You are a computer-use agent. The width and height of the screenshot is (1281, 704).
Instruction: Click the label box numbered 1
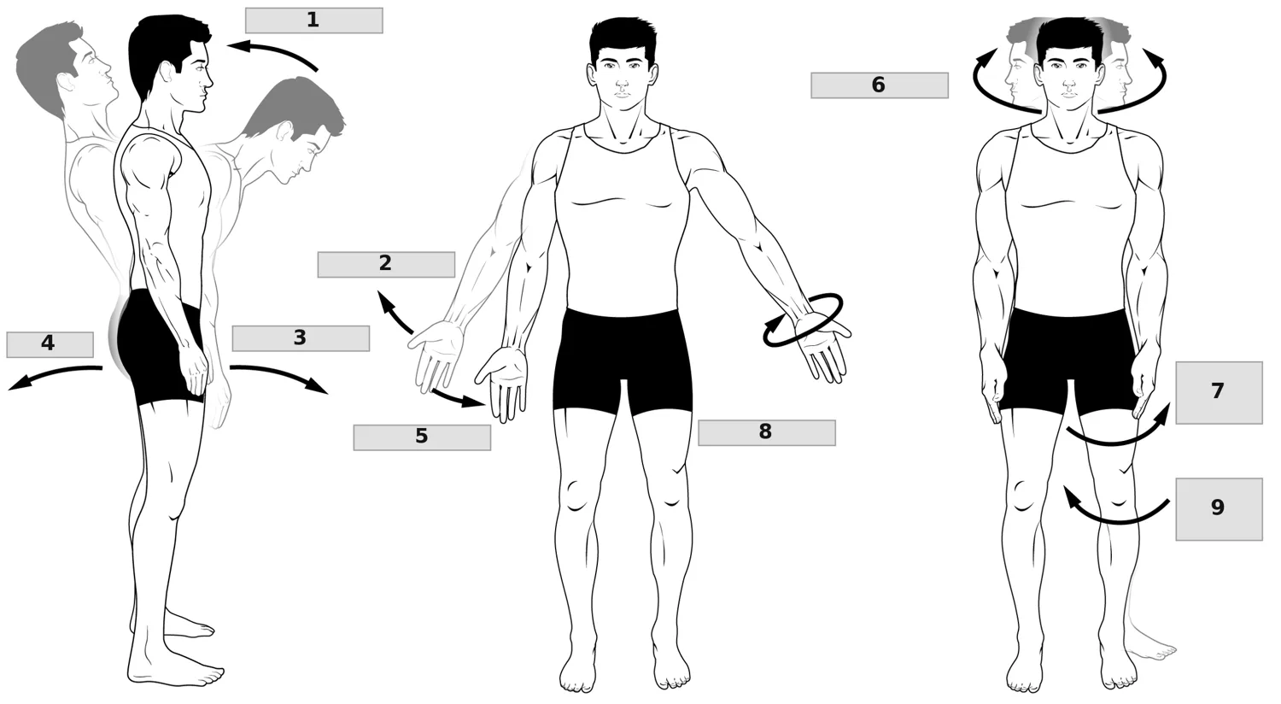point(314,21)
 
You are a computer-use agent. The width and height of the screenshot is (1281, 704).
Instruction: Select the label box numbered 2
point(386,264)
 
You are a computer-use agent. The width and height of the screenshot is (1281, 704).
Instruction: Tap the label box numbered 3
point(301,338)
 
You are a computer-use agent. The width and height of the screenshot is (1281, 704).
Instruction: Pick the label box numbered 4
point(50,345)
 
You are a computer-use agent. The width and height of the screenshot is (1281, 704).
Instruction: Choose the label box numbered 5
point(422,437)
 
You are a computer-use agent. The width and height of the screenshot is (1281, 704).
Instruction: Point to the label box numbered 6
point(880,85)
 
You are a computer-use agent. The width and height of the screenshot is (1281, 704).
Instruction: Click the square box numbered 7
point(1220,393)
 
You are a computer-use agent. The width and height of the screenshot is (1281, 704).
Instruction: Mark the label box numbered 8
point(767,433)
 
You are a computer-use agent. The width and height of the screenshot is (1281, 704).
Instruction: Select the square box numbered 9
point(1220,509)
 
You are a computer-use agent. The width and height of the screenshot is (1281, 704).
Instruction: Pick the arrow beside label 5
point(458,400)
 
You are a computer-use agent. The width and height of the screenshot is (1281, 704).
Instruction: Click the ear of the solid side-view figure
point(167,72)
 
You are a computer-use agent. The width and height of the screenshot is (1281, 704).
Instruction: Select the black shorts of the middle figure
point(623,361)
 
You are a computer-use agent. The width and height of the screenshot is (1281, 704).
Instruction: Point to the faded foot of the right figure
point(1149,646)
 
